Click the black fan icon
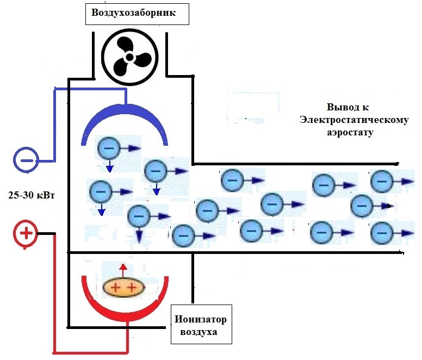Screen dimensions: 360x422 coord(129,57)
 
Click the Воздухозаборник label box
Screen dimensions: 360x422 coord(136,13)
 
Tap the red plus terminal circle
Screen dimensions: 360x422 coord(26,234)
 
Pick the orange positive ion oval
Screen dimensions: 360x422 coord(123,287)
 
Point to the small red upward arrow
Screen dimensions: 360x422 coord(123,269)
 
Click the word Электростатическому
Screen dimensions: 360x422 coord(353,120)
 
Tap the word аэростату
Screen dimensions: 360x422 coord(353,132)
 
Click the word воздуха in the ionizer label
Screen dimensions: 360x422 coord(201,332)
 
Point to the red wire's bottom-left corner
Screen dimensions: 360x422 coord(54,351)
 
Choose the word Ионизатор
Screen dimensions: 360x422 coord(201,319)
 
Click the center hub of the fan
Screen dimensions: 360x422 coord(129,57)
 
